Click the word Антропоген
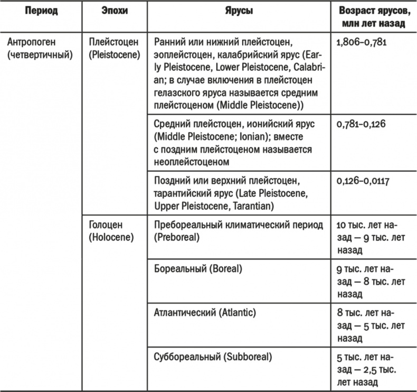click(31, 41)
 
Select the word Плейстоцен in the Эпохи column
click(112, 41)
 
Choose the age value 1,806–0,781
click(361, 41)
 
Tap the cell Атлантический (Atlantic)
click(205, 312)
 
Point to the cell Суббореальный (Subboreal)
click(213, 357)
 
